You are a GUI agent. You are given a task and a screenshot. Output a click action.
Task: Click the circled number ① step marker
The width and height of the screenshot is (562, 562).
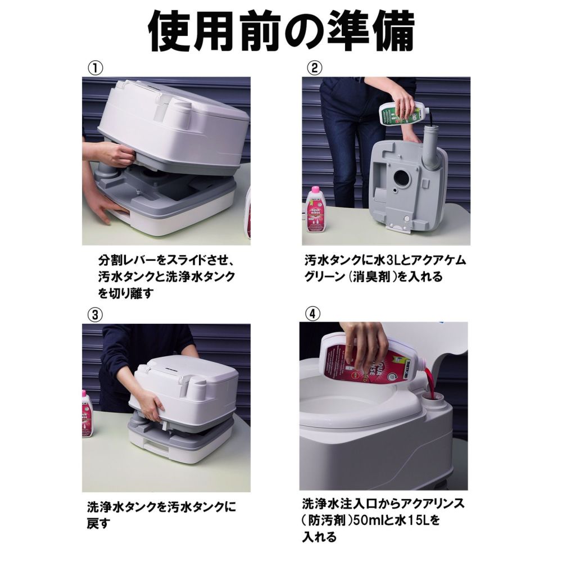click(96, 68)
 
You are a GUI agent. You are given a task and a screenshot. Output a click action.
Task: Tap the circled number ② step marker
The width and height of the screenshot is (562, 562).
click(314, 68)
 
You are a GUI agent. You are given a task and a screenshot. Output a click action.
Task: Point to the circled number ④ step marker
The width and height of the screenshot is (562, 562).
click(312, 314)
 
